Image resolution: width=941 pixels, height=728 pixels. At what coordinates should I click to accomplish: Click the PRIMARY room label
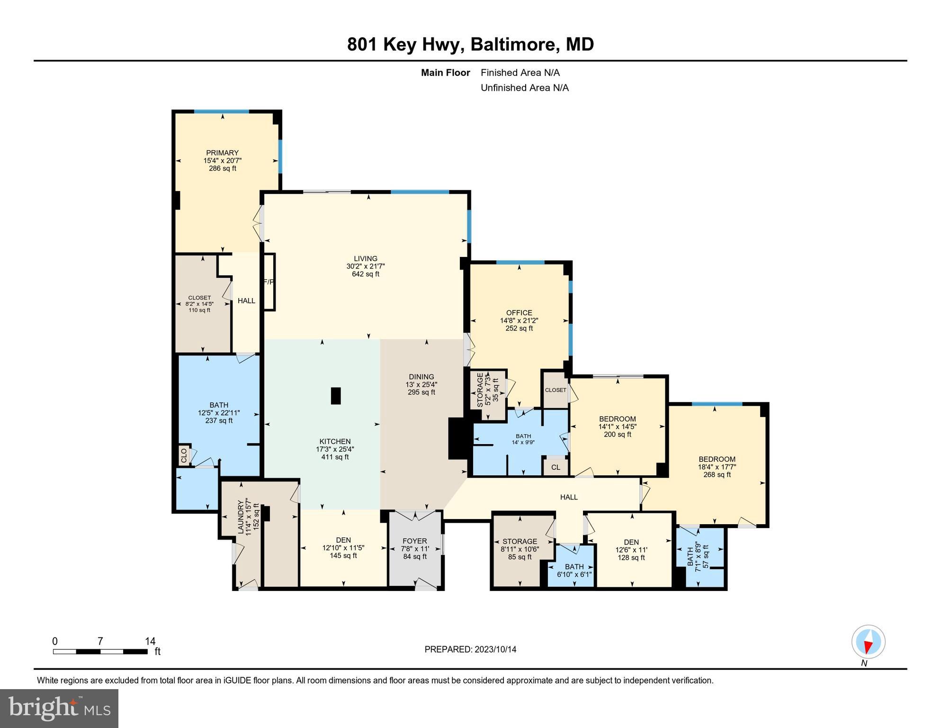coord(222,153)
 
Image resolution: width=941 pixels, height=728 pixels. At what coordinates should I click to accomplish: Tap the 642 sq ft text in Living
coord(365,274)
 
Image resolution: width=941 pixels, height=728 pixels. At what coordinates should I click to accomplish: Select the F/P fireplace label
coord(269,282)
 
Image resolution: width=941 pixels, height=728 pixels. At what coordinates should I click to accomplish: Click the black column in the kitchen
coord(335,396)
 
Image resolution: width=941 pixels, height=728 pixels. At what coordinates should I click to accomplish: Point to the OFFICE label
coord(519,313)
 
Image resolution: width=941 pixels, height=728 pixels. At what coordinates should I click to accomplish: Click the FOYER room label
coord(414,541)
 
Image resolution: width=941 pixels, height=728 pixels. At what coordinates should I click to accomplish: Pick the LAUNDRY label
coord(241,517)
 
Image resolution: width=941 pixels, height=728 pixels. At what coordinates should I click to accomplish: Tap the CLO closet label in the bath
coord(184,455)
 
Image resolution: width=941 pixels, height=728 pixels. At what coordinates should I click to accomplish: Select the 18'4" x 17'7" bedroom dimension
coord(717,467)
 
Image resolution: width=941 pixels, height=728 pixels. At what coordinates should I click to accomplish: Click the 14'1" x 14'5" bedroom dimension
coord(617,427)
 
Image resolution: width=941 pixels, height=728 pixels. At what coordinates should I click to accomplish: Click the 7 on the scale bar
coord(100,641)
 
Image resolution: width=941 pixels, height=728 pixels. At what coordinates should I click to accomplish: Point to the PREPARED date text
coord(470,649)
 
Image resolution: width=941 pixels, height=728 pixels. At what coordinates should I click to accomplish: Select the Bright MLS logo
coord(59,708)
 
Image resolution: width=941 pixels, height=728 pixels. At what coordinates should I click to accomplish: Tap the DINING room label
coord(421,377)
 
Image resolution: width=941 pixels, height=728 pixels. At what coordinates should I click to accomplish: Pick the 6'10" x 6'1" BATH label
coord(574,571)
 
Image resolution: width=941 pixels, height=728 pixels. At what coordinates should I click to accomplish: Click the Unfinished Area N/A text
coord(524,88)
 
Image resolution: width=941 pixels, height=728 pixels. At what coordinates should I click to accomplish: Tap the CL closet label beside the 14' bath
coord(556,467)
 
